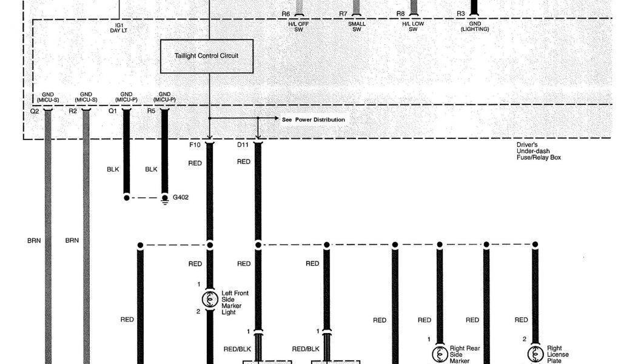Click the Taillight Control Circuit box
[x=206, y=56]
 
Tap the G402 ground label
[x=181, y=197]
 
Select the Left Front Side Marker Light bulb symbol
[x=210, y=298]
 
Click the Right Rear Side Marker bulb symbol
[x=439, y=353]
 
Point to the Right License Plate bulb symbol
[x=535, y=353]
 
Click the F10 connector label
[x=195, y=145]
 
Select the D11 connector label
[x=243, y=145]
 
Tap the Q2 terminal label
[x=34, y=112]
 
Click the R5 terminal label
[x=151, y=112]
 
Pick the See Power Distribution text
[x=314, y=120]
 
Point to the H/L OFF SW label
[x=298, y=26]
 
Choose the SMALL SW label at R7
[x=357, y=26]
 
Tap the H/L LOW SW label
[x=413, y=26]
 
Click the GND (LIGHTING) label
[x=475, y=26]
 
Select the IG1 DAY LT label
[x=119, y=29]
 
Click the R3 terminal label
[x=461, y=13]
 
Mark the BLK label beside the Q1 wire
[x=113, y=170]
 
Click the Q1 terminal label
[x=113, y=112]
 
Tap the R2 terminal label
[x=73, y=112]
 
